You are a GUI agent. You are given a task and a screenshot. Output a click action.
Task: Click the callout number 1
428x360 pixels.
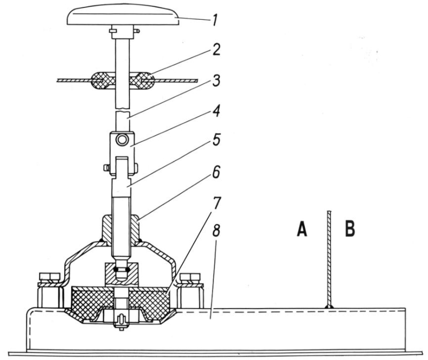[215, 20]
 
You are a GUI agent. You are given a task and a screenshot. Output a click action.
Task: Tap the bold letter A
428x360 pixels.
[302, 229]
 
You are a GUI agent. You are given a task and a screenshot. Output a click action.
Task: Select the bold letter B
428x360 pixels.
[350, 229]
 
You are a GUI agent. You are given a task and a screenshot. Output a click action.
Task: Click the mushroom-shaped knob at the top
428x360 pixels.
[123, 17]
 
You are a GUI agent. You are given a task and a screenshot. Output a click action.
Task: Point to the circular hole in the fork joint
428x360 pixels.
[122, 140]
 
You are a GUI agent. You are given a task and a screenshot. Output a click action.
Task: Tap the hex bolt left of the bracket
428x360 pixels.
[50, 290]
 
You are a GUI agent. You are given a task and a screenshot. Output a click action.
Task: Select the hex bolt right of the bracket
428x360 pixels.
[190, 290]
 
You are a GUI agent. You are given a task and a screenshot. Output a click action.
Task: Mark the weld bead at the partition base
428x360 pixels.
[330, 307]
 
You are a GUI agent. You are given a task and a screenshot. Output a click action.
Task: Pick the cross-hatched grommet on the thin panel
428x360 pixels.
[123, 81]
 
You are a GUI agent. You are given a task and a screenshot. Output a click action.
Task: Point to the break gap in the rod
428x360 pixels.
[123, 109]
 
